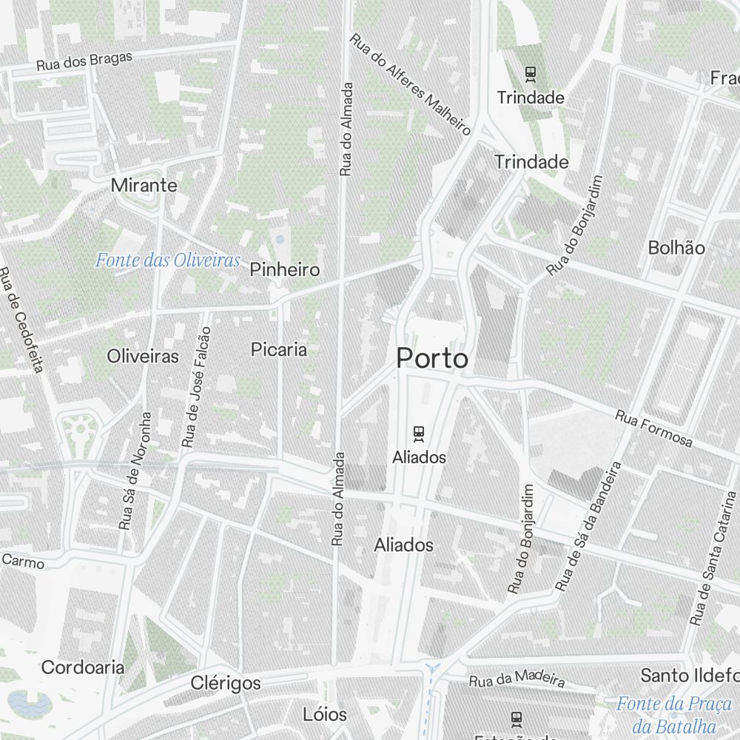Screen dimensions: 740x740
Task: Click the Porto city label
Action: [x=432, y=359]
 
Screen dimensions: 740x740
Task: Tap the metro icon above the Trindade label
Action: [x=530, y=73]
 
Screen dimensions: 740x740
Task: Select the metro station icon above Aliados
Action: [x=419, y=433]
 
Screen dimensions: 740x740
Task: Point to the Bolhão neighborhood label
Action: [x=676, y=247]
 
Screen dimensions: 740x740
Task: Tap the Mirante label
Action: [x=144, y=185]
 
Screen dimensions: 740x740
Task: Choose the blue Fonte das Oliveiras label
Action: [x=168, y=260]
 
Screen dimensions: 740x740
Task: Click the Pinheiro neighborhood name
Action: [x=285, y=269]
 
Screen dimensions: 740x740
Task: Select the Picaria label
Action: [x=279, y=349]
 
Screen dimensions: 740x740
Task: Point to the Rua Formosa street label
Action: [x=653, y=429]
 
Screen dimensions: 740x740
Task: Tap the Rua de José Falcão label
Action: [x=196, y=388]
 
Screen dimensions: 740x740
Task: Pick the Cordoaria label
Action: [x=83, y=667]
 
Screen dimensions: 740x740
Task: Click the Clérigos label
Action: [x=226, y=682]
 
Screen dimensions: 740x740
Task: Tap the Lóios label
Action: [x=325, y=714]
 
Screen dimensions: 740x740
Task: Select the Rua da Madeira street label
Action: [x=517, y=678]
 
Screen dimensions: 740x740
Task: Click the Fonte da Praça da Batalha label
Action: [x=673, y=715]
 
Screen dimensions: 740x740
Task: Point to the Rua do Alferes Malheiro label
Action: [x=411, y=84]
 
